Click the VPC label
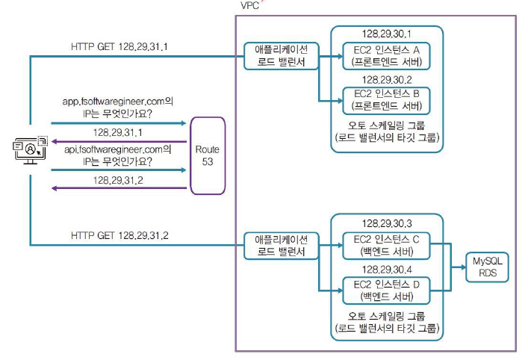(x=251, y=5)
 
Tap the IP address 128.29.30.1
(x=387, y=34)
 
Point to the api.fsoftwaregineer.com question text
(x=118, y=155)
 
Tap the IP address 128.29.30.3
(x=387, y=224)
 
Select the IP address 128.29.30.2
(x=387, y=78)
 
